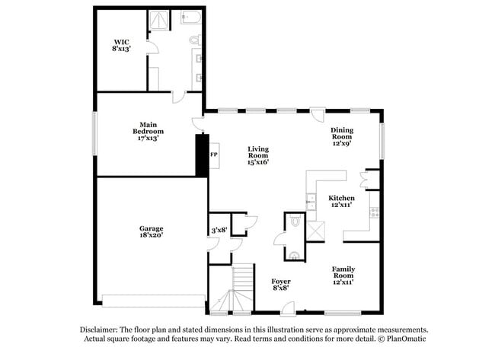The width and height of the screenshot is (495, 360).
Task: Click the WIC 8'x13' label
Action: click(122, 45)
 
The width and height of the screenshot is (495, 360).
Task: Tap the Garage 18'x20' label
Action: click(151, 231)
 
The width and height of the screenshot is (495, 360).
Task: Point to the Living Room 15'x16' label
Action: click(258, 155)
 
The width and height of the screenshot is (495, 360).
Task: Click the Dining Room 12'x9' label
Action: click(342, 135)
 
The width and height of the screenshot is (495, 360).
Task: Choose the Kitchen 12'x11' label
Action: click(342, 202)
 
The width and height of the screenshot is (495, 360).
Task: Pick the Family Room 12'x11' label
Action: click(342, 274)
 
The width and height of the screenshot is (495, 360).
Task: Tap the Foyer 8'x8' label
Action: click(281, 285)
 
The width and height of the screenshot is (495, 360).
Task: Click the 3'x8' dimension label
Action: click(219, 229)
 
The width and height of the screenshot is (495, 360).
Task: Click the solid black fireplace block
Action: click(202, 155)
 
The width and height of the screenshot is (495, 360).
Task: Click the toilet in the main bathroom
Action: click(193, 40)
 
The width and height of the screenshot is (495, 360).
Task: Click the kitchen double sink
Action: click(311, 202)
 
